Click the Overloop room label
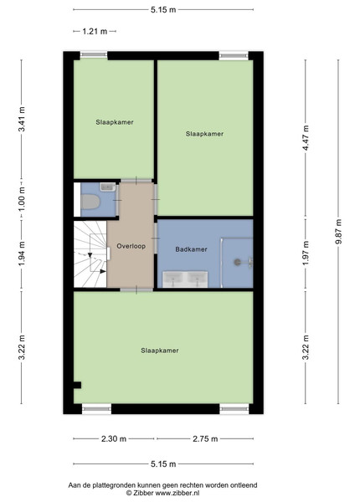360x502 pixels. point(131,246)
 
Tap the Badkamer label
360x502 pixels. point(191,249)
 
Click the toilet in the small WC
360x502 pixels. point(90,202)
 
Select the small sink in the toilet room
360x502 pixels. point(107,187)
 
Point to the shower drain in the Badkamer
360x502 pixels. point(237,262)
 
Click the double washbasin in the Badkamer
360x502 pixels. point(186,279)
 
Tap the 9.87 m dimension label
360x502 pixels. point(338,231)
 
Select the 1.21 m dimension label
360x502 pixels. point(95,32)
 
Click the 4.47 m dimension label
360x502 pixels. point(306,138)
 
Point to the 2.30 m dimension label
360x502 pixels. point(114,438)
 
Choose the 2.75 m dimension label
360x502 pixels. point(205,438)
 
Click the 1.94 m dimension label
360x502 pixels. point(22,254)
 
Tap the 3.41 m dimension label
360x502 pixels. point(22,119)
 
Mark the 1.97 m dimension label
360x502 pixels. point(306,253)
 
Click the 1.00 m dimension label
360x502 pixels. point(22,198)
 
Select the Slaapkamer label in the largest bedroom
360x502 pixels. point(160,351)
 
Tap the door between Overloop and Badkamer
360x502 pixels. point(156,238)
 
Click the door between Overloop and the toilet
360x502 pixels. point(117,201)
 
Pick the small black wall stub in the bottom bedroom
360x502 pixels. point(77,385)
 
